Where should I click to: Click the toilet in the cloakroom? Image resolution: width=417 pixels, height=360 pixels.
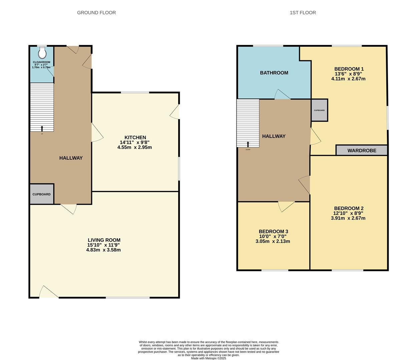pyautogui.click(x=42, y=52)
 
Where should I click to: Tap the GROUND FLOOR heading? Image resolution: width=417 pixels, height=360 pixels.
pyautogui.click(x=96, y=13)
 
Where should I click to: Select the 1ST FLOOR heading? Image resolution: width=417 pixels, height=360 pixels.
pyautogui.click(x=303, y=13)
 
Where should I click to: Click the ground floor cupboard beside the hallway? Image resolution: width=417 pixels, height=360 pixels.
pyautogui.click(x=42, y=194)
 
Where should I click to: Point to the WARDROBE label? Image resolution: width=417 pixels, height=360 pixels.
pyautogui.click(x=362, y=151)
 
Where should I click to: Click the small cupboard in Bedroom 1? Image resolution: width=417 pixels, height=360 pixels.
pyautogui.click(x=319, y=110)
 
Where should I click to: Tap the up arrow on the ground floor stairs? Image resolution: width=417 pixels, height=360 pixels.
pyautogui.click(x=42, y=129)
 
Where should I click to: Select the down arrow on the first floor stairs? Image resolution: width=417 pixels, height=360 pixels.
pyautogui.click(x=248, y=144)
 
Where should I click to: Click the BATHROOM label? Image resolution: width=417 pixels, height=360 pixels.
pyautogui.click(x=274, y=73)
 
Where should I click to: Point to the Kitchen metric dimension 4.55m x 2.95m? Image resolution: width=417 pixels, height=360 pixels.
pyautogui.click(x=134, y=147)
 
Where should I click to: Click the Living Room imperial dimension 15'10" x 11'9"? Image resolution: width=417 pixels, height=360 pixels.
pyautogui.click(x=103, y=245)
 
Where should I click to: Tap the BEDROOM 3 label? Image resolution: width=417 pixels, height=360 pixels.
pyautogui.click(x=273, y=232)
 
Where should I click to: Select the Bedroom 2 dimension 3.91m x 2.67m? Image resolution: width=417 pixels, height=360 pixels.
pyautogui.click(x=348, y=218)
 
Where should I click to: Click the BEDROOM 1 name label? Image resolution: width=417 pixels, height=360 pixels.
pyautogui.click(x=349, y=69)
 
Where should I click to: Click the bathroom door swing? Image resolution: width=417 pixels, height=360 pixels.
pyautogui.click(x=282, y=95)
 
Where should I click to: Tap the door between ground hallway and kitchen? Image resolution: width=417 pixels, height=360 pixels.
pyautogui.click(x=97, y=133)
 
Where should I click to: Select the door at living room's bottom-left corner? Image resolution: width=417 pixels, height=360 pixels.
pyautogui.click(x=48, y=292)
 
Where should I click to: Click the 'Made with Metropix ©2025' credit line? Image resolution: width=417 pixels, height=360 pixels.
pyautogui.click(x=208, y=358)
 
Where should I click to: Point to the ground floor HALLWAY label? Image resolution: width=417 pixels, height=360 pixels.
pyautogui.click(x=71, y=158)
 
